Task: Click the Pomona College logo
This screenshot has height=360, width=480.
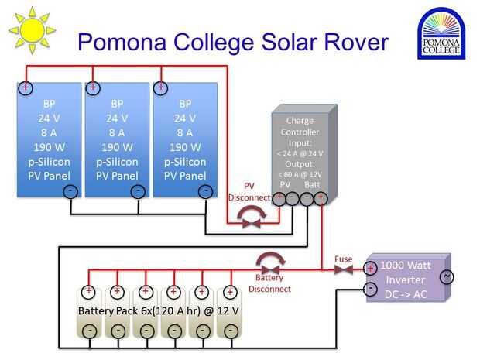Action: click(x=441, y=34)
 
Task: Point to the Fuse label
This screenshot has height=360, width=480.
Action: click(x=344, y=259)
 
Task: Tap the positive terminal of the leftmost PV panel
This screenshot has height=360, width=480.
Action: click(x=26, y=88)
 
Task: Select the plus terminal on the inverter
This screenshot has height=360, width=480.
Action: click(x=371, y=269)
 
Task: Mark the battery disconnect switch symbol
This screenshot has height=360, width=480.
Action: click(x=269, y=263)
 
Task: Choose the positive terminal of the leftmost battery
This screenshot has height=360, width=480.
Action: click(x=89, y=292)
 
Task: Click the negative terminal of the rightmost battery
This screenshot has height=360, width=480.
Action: click(x=229, y=331)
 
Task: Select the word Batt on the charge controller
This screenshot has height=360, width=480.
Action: click(x=313, y=185)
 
